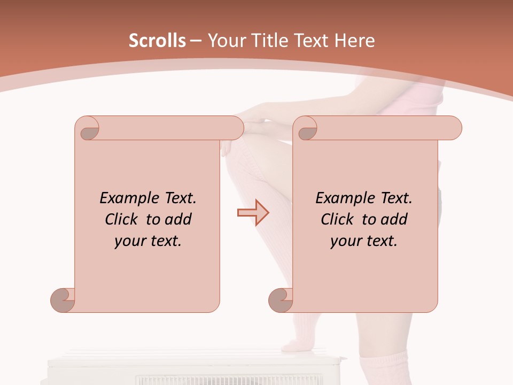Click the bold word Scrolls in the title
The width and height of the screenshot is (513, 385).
[x=157, y=41]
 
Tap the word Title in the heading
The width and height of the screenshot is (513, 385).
[x=267, y=41]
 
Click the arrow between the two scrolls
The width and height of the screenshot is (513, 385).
[x=253, y=213]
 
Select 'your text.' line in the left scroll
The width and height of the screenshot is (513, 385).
[x=148, y=241]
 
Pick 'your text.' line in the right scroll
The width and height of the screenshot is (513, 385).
[x=364, y=241]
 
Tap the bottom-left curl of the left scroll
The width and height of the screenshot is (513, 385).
[x=63, y=299]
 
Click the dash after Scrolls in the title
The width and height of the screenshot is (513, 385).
[x=196, y=41]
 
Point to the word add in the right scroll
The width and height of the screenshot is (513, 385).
[x=395, y=219]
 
